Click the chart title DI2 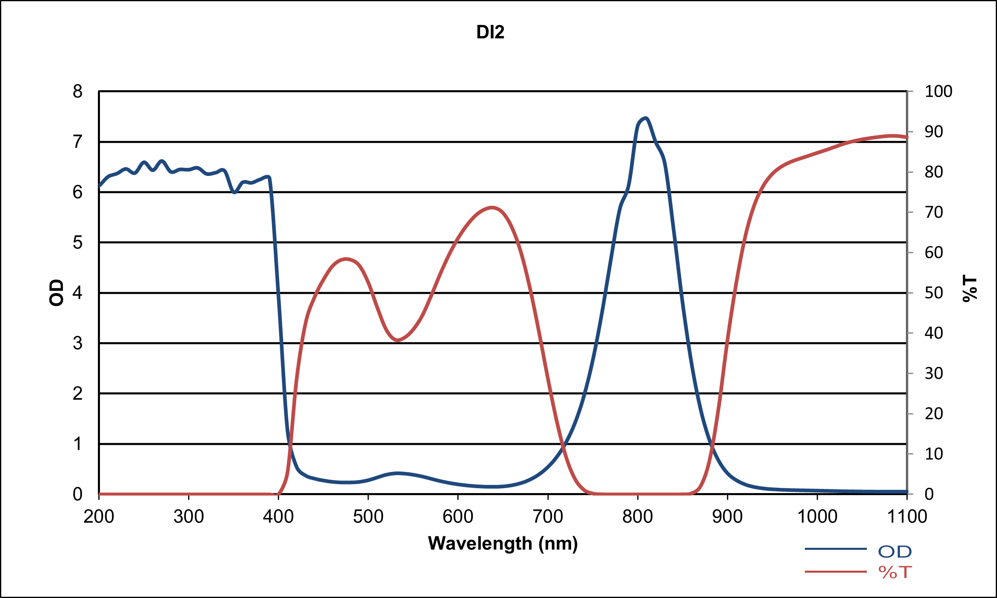click(490, 32)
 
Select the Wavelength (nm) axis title click(503, 544)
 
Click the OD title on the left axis click(57, 293)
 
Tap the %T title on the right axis click(970, 289)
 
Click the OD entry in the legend click(895, 552)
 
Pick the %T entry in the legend click(895, 572)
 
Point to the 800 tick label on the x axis click(638, 517)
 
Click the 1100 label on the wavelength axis click(907, 517)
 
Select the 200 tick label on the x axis click(99, 517)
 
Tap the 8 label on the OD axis click(78, 91)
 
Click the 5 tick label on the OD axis click(78, 242)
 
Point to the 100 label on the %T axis click(938, 91)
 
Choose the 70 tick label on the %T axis click(934, 212)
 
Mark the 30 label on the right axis click(934, 373)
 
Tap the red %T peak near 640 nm click(492, 207)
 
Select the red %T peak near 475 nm click(346, 259)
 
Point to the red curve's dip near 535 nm click(398, 340)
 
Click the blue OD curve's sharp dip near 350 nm click(235, 192)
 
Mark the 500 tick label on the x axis click(368, 517)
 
